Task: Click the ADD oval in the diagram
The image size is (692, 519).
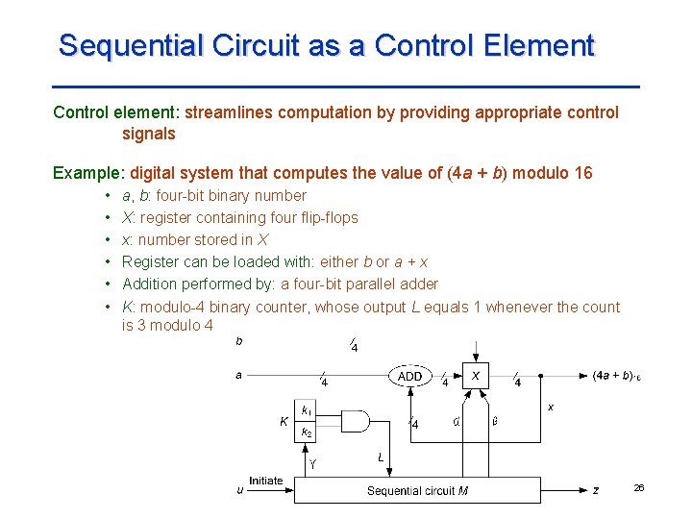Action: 409,376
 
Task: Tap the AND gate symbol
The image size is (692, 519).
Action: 354,422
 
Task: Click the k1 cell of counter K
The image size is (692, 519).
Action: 306,410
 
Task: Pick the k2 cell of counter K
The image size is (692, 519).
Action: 306,433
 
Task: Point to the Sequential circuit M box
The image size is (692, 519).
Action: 417,490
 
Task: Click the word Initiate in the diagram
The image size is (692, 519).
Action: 266,481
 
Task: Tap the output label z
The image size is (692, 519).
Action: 596,490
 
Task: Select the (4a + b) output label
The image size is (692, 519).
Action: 616,375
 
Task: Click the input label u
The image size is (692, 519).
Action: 239,490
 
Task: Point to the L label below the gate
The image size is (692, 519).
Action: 381,458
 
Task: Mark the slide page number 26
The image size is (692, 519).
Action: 639,489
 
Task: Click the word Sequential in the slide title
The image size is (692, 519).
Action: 121,45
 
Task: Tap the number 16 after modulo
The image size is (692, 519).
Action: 582,173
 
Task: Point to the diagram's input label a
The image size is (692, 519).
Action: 239,375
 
